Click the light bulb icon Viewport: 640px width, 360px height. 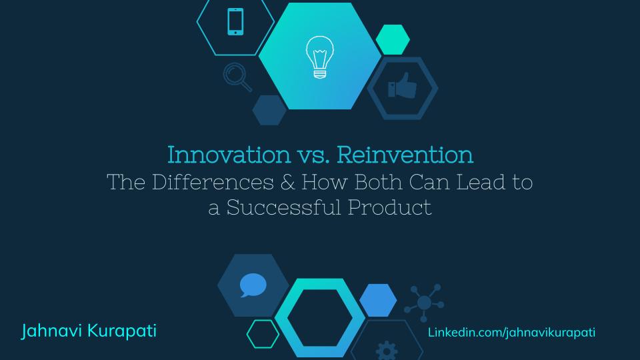coord(320,57)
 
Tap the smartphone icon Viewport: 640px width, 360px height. coord(235,21)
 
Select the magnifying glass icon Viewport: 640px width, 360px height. coord(237,77)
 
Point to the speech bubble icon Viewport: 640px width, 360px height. coord(253,285)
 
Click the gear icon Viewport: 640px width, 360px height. coord(387,351)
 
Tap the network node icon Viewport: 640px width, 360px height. coord(424,303)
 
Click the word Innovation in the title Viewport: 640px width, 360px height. coord(229,155)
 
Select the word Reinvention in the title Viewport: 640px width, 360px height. coord(405,155)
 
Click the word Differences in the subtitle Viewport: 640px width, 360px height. coord(213,182)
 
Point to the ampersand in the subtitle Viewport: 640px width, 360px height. coord(287,182)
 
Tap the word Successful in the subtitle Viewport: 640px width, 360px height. coord(284,207)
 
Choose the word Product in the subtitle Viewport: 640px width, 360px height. coord(390,207)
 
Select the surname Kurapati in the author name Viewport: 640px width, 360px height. coord(122,331)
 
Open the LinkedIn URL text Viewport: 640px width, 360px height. coord(511,332)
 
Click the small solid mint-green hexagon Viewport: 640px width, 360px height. coord(393,39)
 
